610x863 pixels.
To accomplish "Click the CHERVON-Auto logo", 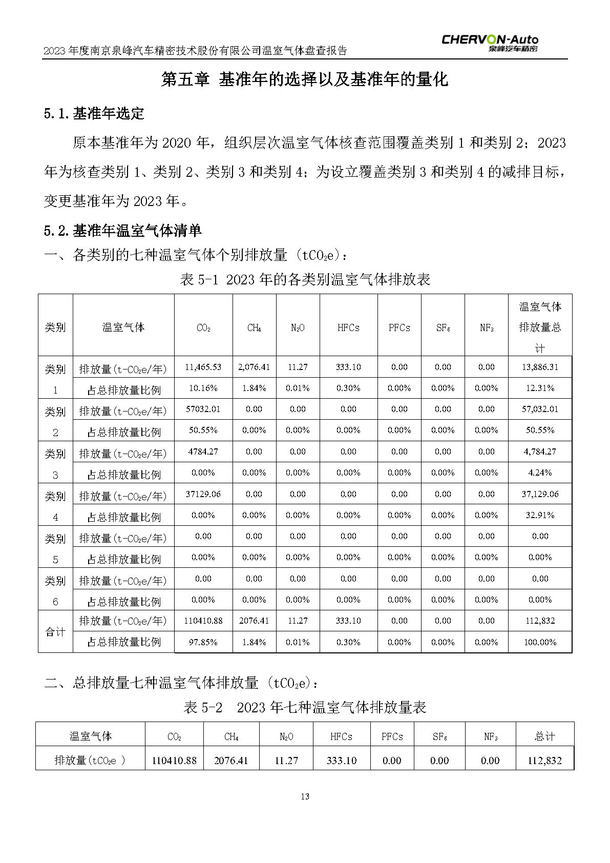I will (x=490, y=43).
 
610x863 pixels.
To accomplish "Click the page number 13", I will (x=305, y=796).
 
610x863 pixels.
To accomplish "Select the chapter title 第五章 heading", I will (x=305, y=79).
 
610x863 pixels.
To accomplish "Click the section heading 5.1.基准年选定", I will (x=94, y=113).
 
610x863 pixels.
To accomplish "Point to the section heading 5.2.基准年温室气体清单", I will (x=123, y=231).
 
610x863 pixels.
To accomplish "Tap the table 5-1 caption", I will (x=305, y=279).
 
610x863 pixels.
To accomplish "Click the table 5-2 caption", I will (x=305, y=708).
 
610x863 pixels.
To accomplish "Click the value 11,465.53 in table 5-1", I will (x=203, y=367).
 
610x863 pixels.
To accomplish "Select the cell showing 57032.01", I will (x=203, y=409).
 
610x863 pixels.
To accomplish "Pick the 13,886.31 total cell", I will (x=540, y=367).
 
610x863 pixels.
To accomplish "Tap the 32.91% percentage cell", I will (x=540, y=515).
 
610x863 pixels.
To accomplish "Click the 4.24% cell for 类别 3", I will (x=540, y=472).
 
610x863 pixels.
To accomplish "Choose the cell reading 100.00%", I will (x=540, y=642).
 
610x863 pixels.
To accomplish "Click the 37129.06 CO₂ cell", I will (x=203, y=494).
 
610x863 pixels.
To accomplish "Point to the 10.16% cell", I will (x=203, y=388).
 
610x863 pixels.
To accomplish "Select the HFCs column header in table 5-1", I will (x=348, y=327).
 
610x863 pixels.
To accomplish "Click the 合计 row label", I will (x=55, y=632).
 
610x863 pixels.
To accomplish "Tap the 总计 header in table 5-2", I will (x=544, y=736).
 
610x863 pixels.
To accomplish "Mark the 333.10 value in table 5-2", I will (x=341, y=761).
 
